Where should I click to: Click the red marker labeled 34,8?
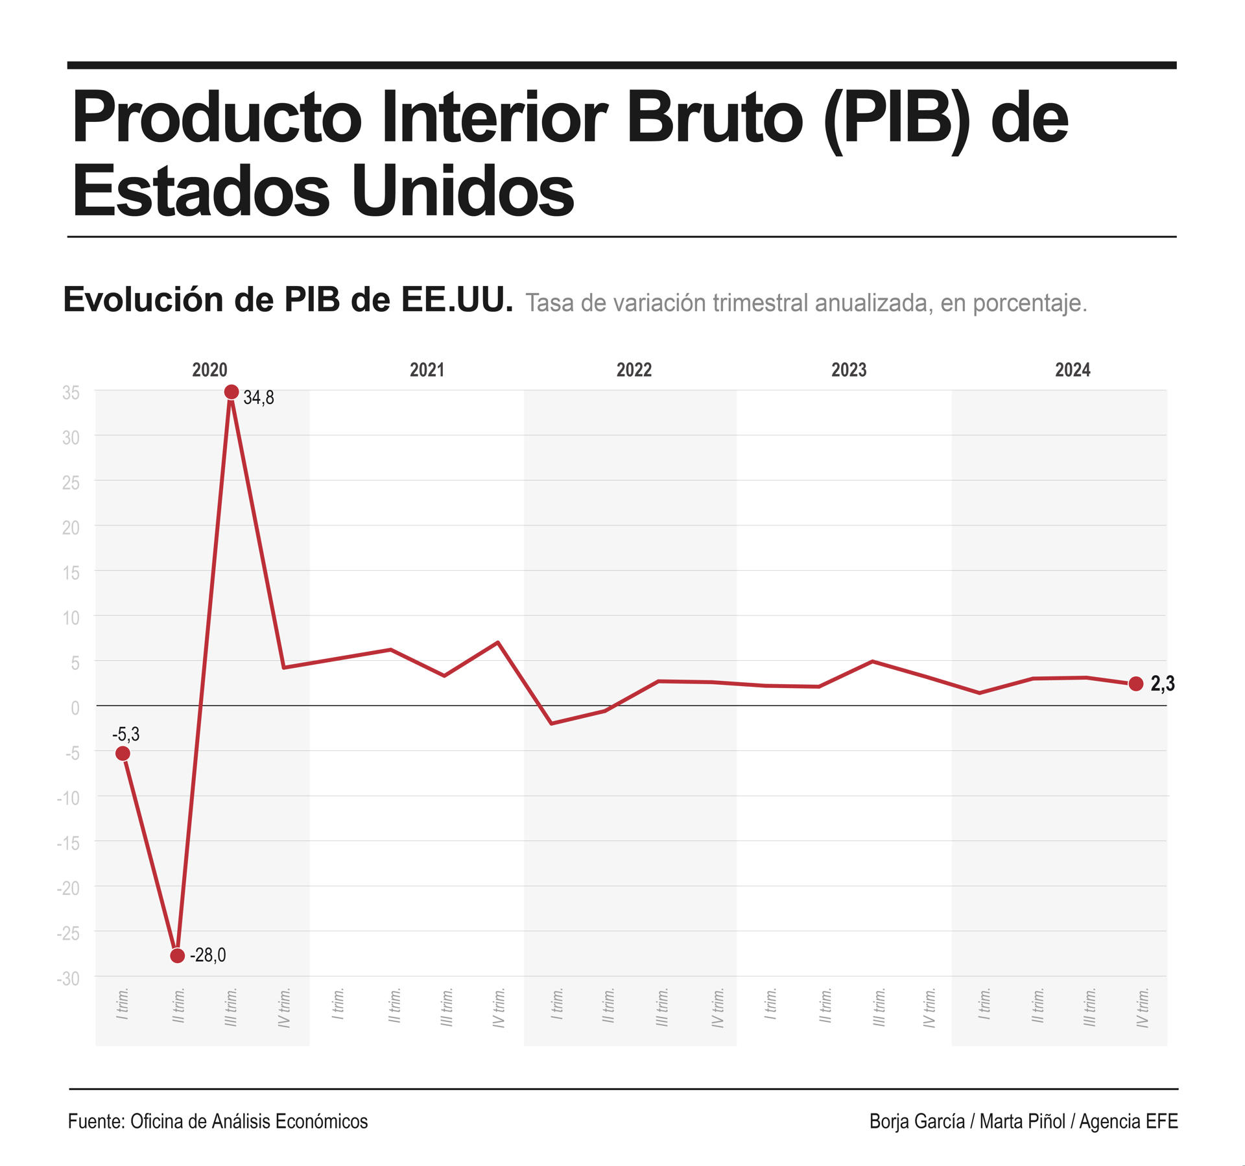click(231, 392)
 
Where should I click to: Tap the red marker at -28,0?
click(177, 956)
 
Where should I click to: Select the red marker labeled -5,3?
click(123, 754)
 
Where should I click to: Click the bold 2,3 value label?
click(1162, 684)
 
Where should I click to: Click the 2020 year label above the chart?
click(209, 370)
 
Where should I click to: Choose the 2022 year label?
click(634, 370)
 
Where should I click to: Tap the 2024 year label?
click(1073, 370)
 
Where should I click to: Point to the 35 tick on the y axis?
click(71, 393)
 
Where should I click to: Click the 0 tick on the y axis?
click(75, 708)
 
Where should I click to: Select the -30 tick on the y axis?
click(68, 979)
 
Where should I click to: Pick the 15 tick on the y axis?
click(71, 573)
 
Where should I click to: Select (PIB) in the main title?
click(897, 120)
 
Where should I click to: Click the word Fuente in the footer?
click(96, 1121)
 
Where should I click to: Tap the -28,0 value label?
click(207, 955)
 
